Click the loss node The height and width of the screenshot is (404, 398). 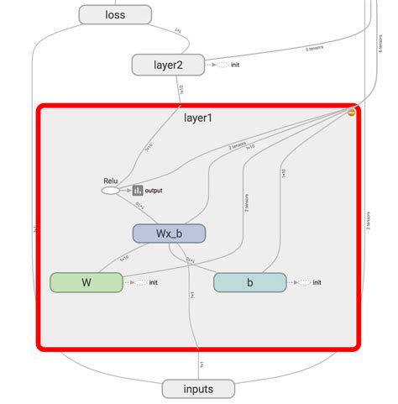115,14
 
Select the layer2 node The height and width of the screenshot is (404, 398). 168,64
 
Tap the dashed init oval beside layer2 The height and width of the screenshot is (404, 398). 223,65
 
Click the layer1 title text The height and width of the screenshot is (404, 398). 198,118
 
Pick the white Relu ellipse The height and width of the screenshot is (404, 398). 110,191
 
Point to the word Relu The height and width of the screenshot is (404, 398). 110,180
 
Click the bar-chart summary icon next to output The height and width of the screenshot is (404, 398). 138,191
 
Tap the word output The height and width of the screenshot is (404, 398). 154,191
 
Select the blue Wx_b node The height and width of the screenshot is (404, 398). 169,233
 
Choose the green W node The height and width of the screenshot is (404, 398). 86,282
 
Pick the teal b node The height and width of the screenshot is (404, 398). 249,282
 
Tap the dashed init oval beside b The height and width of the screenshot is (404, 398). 304,282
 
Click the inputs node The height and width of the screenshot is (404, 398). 198,389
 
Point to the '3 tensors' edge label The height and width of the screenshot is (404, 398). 317,48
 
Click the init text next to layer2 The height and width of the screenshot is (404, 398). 235,65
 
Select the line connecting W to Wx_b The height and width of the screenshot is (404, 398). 122,259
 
